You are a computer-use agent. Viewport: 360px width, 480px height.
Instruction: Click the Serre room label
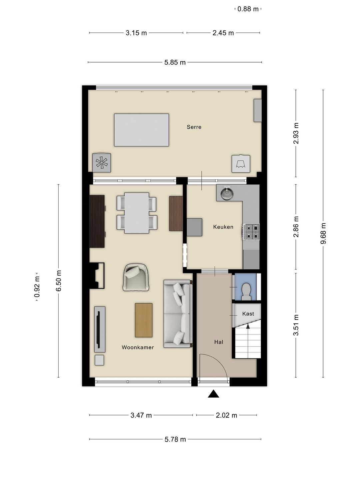pyautogui.click(x=194, y=127)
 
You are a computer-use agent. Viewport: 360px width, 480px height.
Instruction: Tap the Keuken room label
pyautogui.click(x=223, y=227)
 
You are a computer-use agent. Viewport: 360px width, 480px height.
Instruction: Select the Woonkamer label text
pyautogui.click(x=138, y=347)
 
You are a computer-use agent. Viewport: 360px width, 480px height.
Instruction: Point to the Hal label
pyautogui.click(x=219, y=342)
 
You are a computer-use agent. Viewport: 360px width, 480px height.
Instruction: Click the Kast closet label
pyautogui.click(x=248, y=314)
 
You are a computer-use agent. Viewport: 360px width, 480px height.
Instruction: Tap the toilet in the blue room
pyautogui.click(x=246, y=291)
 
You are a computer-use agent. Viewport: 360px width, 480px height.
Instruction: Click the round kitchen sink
pyautogui.click(x=227, y=193)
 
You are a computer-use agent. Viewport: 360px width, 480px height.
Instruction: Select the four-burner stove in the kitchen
pyautogui.click(x=251, y=232)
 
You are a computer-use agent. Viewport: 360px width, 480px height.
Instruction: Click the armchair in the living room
pyautogui.click(x=136, y=277)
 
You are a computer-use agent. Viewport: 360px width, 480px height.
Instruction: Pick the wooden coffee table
pyautogui.click(x=144, y=320)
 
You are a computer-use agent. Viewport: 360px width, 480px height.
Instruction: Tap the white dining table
pyautogui.click(x=137, y=213)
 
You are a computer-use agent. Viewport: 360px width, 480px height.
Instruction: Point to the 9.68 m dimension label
pyautogui.click(x=323, y=233)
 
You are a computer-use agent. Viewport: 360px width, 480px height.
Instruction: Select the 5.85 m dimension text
pyautogui.click(x=175, y=62)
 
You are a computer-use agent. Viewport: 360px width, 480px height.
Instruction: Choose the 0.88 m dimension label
pyautogui.click(x=248, y=9)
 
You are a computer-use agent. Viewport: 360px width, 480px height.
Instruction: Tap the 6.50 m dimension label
pyautogui.click(x=59, y=281)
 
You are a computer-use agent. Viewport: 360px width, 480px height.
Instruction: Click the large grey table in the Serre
pyautogui.click(x=141, y=130)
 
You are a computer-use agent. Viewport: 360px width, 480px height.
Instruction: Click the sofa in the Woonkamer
pyautogui.click(x=178, y=314)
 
